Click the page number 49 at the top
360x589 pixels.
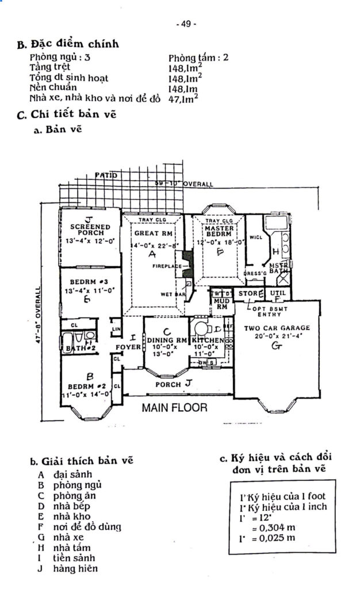(x=187, y=24)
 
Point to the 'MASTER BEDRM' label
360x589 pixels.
(x=219, y=231)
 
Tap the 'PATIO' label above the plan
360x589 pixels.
(x=106, y=174)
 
